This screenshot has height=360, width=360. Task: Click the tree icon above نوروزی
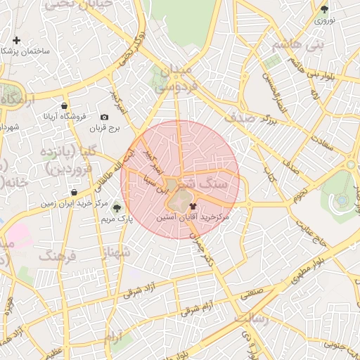coord(324,10)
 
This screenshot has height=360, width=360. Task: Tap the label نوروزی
coord(324,21)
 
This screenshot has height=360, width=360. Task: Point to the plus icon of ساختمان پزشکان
coord(15,40)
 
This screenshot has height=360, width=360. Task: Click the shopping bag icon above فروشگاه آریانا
coord(65,104)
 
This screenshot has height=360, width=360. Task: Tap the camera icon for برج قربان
coord(105,117)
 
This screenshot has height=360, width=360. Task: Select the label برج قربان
coord(105,129)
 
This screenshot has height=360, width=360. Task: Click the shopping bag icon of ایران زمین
coord(74,192)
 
